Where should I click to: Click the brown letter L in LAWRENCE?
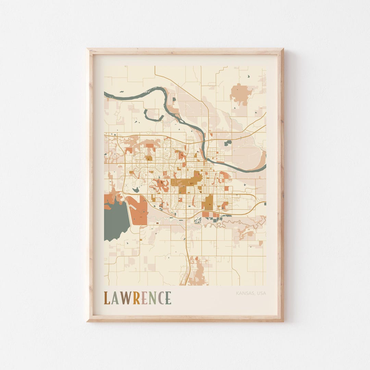click(x=107, y=298)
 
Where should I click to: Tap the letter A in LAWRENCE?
click(x=115, y=298)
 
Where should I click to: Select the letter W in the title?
click(x=126, y=298)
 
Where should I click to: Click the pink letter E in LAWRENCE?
click(x=144, y=298)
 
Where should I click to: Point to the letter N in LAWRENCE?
click(x=152, y=298)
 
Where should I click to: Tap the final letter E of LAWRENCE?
click(x=168, y=298)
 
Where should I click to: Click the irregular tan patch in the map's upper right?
click(x=241, y=93)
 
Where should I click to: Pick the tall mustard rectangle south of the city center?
click(x=208, y=202)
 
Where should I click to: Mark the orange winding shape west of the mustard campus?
click(x=160, y=185)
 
